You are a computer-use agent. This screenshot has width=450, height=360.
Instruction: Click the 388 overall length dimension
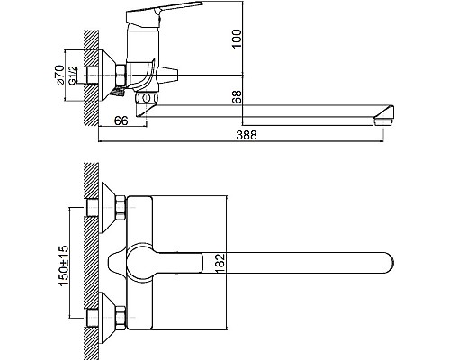[247, 135]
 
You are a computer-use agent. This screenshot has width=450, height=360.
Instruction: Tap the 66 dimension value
[121, 121]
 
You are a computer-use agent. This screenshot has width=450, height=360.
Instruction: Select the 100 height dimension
[237, 39]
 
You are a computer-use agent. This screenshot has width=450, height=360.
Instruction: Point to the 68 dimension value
[237, 97]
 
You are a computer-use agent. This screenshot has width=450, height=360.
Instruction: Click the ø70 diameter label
[60, 75]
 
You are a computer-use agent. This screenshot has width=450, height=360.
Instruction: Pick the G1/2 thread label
[72, 75]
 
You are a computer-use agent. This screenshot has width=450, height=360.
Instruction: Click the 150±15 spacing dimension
[63, 265]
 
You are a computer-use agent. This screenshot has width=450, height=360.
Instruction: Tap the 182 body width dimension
[220, 264]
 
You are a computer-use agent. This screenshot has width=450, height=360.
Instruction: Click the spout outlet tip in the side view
[383, 121]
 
